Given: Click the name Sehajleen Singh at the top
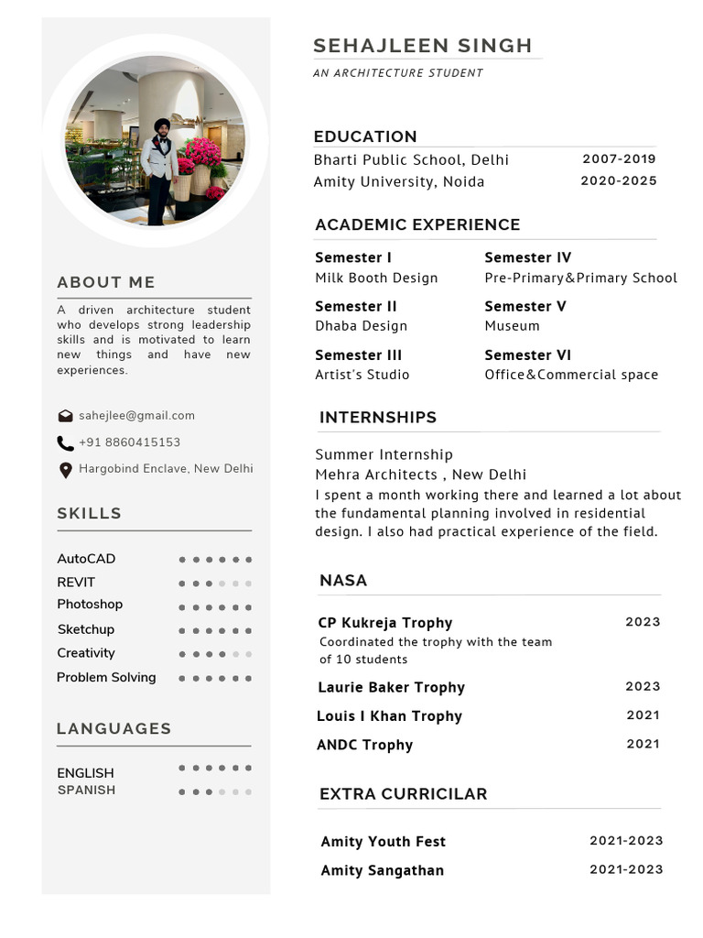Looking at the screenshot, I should pyautogui.click(x=422, y=46).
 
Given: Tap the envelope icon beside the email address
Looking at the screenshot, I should pyautogui.click(x=65, y=416).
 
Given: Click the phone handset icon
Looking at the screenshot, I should pyautogui.click(x=65, y=443).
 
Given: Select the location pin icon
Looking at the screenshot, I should pyautogui.click(x=65, y=470).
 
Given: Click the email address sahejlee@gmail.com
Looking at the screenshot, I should pyautogui.click(x=136, y=416).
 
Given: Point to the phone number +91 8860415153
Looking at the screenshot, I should pyautogui.click(x=129, y=442).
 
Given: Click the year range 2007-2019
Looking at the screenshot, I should pyautogui.click(x=619, y=159).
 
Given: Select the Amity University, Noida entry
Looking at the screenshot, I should pyautogui.click(x=399, y=181).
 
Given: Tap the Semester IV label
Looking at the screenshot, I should pyautogui.click(x=527, y=258).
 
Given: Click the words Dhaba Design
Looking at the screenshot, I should pyautogui.click(x=361, y=326).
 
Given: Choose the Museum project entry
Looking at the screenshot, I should pyautogui.click(x=512, y=326).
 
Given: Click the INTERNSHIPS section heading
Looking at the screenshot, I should pyautogui.click(x=377, y=418).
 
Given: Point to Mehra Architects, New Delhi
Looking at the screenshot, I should pyautogui.click(x=420, y=474).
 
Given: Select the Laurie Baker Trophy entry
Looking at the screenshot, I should pyautogui.click(x=391, y=688).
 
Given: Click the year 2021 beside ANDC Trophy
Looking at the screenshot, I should pyautogui.click(x=643, y=744).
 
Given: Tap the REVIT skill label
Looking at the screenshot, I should pyautogui.click(x=76, y=583).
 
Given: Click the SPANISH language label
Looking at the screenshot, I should pyautogui.click(x=86, y=790).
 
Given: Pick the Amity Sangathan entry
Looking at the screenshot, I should pyautogui.click(x=382, y=871).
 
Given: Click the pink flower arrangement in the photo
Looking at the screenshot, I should pyautogui.click(x=200, y=156).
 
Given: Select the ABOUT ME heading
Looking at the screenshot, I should pyautogui.click(x=106, y=283).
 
